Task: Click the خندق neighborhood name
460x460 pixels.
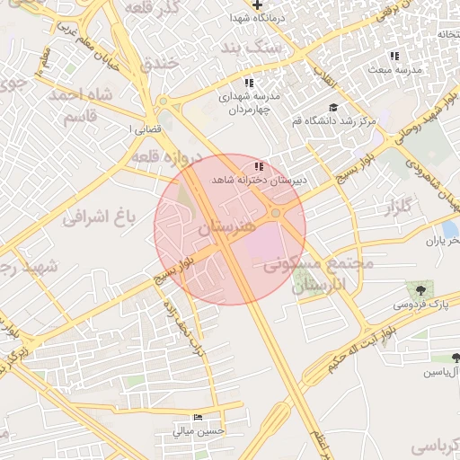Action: tap(162, 64)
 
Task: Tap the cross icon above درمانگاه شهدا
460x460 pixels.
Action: tap(257, 5)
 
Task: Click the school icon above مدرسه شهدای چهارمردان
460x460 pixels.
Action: tap(249, 83)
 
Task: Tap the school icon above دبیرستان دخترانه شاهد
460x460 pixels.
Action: tap(259, 166)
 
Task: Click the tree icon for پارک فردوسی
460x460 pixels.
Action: tap(419, 289)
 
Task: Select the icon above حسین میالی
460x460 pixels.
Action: tap(199, 418)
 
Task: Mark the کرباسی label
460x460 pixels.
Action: tap(435, 446)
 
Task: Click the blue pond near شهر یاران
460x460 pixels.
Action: tap(449, 231)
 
